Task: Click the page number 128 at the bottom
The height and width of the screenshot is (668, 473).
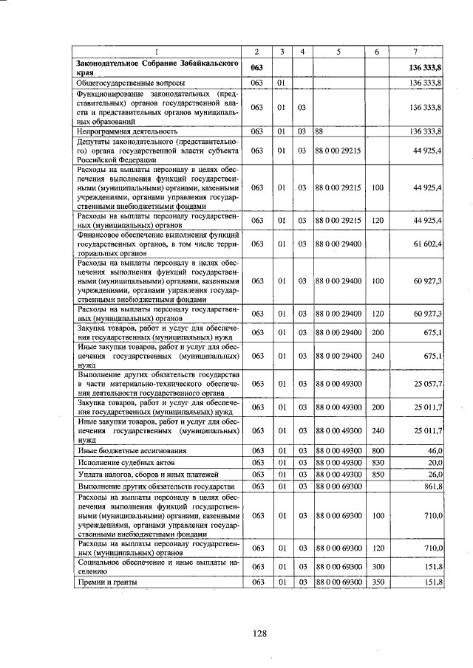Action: click(259, 633)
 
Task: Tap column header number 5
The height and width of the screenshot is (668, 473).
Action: click(338, 51)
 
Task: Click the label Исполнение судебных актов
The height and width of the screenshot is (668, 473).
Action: click(123, 462)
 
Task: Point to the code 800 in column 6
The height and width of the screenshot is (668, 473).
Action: click(377, 450)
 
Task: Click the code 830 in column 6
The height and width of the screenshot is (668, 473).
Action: click(377, 462)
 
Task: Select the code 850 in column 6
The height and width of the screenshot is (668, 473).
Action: click(377, 475)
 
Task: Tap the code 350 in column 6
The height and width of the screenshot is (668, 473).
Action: click(377, 583)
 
